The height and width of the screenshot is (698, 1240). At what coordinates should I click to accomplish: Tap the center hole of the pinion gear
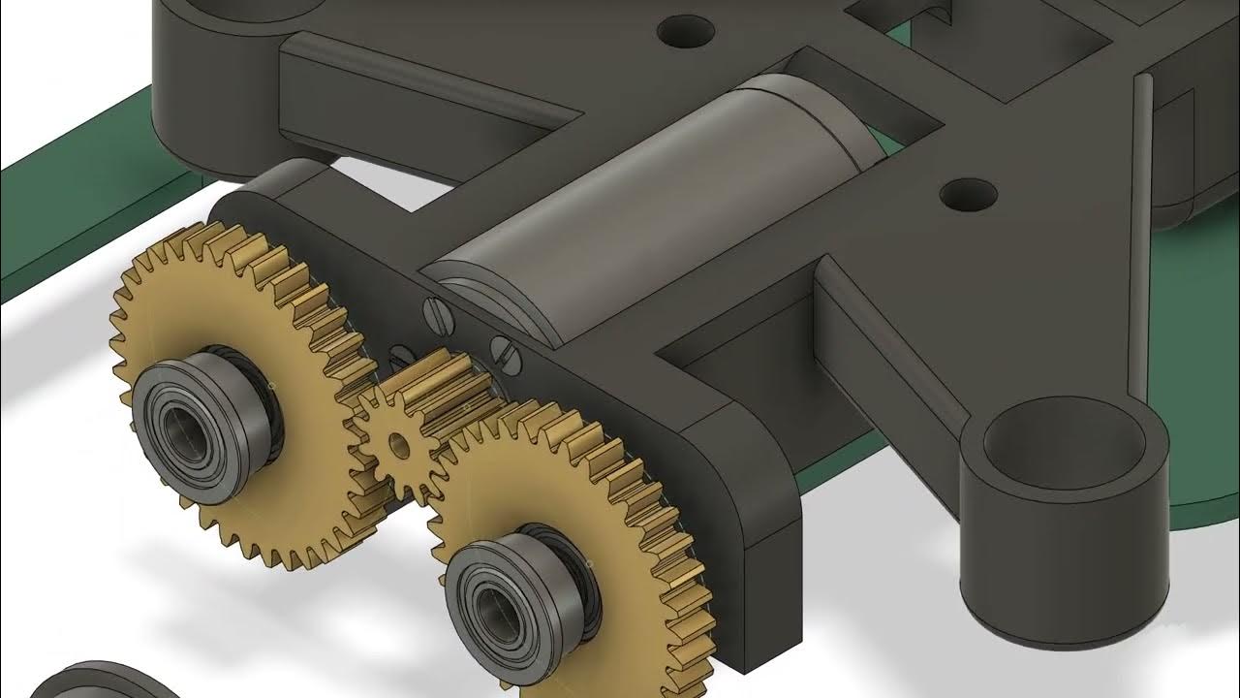point(398,446)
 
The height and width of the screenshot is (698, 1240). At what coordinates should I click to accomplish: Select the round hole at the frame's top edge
point(685,31)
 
